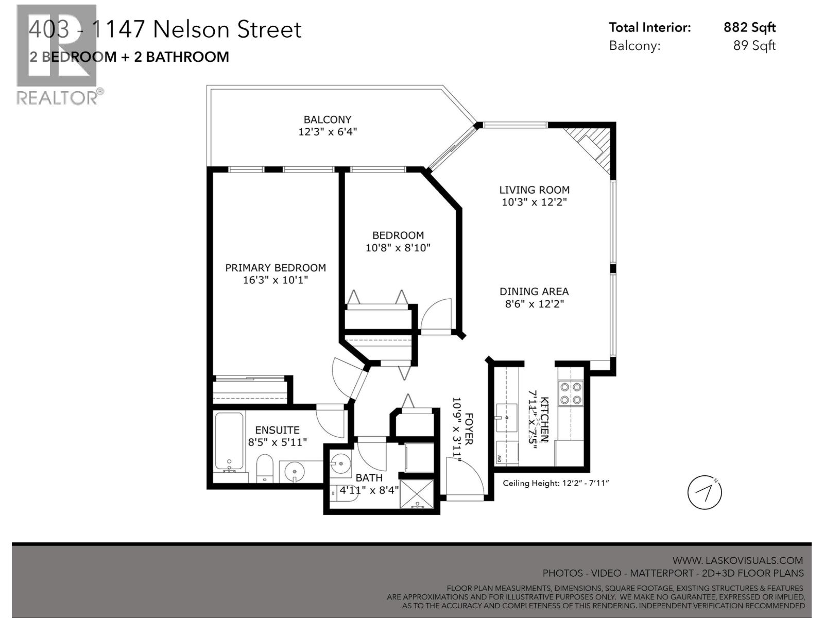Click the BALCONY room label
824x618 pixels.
pos(327,119)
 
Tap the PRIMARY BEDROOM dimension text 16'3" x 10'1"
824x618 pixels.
pos(275,280)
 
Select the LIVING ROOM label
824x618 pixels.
pos(534,190)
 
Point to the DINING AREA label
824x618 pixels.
pos(534,291)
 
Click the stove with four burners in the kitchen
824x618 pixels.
pos(571,393)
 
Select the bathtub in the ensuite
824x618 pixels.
pos(229,442)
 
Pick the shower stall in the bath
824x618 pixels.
pos(418,494)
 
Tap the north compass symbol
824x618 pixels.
pos(705,493)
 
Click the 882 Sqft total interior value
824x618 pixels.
pos(749,27)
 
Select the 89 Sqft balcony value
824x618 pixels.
pos(754,45)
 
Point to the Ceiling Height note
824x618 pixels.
pos(556,483)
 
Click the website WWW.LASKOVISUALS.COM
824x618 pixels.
pos(737,560)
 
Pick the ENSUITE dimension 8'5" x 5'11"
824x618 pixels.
pos(277,442)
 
